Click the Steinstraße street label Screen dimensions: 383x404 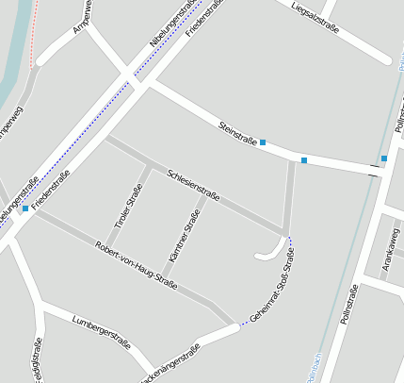(237, 133)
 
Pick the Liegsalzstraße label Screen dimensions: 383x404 (315, 15)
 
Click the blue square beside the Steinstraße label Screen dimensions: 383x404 (263, 142)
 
